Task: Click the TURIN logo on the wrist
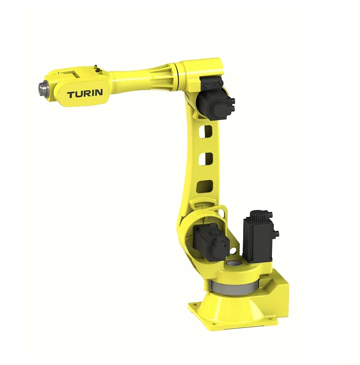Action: [85, 94]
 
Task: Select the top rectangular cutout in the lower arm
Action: [206, 132]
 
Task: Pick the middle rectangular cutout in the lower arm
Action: [206, 159]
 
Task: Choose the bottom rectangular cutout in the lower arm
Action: [205, 187]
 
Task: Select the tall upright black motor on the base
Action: [259, 236]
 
